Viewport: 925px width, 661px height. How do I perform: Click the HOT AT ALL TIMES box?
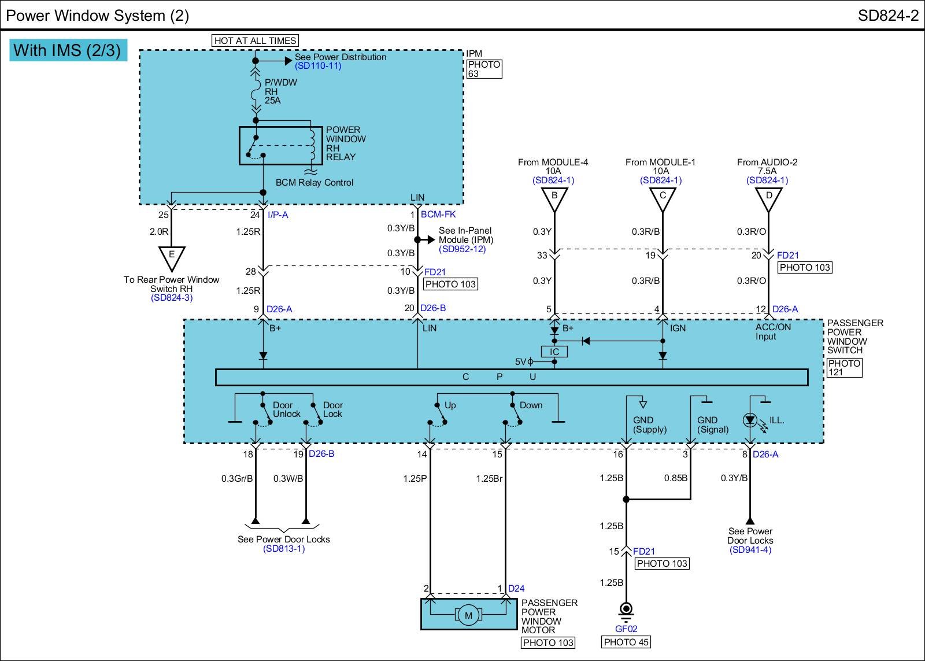click(x=256, y=40)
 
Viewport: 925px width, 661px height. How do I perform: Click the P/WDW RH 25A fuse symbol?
click(x=256, y=91)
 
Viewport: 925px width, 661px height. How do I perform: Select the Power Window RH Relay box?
click(x=281, y=146)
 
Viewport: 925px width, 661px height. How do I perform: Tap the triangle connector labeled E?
click(x=171, y=257)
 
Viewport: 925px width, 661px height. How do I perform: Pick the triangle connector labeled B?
click(x=554, y=198)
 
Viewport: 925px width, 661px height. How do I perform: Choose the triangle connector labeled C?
click(x=663, y=198)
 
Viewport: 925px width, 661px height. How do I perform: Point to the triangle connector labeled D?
click(x=769, y=198)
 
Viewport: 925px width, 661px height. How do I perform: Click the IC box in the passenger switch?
click(x=554, y=352)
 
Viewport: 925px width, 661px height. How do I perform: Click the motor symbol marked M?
click(x=468, y=615)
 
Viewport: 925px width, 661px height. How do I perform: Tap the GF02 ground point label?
click(x=626, y=629)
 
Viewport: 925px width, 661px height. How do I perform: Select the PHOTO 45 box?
click(x=626, y=642)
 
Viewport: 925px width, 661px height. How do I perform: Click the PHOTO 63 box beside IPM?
click(x=484, y=69)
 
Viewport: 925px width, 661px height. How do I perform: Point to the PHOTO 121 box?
click(x=844, y=368)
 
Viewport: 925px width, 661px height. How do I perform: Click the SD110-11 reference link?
click(x=318, y=66)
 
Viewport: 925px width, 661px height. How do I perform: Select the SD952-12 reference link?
click(x=462, y=249)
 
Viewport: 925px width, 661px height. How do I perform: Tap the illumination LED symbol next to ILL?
click(x=750, y=420)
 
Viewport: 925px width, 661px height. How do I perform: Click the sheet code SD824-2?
click(x=888, y=16)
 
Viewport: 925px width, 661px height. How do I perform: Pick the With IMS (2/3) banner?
click(x=68, y=50)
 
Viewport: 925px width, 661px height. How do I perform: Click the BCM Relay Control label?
click(x=314, y=183)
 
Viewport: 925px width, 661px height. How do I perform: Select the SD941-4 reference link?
click(x=750, y=550)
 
